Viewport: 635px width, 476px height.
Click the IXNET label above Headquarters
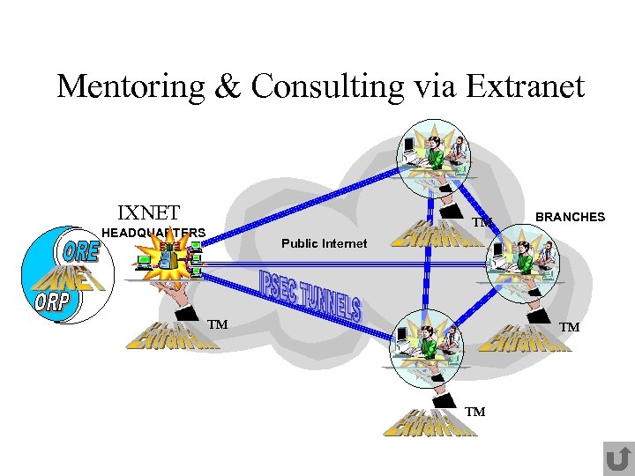(148, 212)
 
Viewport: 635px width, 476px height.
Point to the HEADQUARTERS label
(154, 233)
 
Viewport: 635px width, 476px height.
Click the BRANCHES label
(570, 217)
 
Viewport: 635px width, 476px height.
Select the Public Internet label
(324, 243)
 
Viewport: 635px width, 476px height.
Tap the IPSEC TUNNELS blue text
(310, 295)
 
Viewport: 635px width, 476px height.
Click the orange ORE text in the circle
(81, 250)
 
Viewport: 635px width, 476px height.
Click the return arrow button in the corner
(617, 458)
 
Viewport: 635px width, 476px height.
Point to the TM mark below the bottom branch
(475, 412)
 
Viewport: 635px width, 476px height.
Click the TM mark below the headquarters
(218, 325)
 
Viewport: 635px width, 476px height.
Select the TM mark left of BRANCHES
(482, 222)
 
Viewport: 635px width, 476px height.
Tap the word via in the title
(430, 86)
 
